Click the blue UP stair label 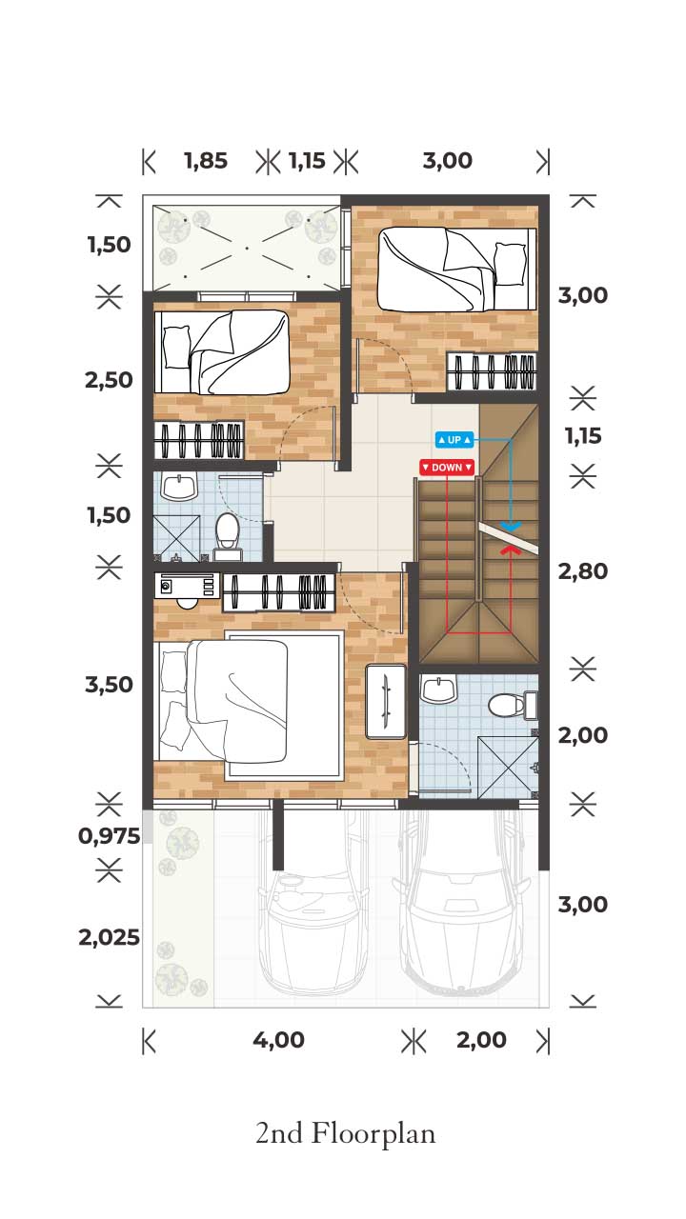[454, 440]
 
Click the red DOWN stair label [447, 468]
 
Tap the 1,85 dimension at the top [206, 161]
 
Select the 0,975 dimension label [109, 836]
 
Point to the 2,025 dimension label [109, 938]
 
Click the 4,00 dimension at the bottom [278, 1040]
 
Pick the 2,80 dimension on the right [582, 571]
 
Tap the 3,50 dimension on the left [109, 685]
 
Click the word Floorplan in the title [373, 1135]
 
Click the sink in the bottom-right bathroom [439, 689]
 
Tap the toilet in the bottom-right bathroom [513, 706]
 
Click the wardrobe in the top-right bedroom [492, 371]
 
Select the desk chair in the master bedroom [188, 603]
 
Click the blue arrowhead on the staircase [511, 527]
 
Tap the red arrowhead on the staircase [511, 550]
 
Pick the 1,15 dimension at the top [307, 161]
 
